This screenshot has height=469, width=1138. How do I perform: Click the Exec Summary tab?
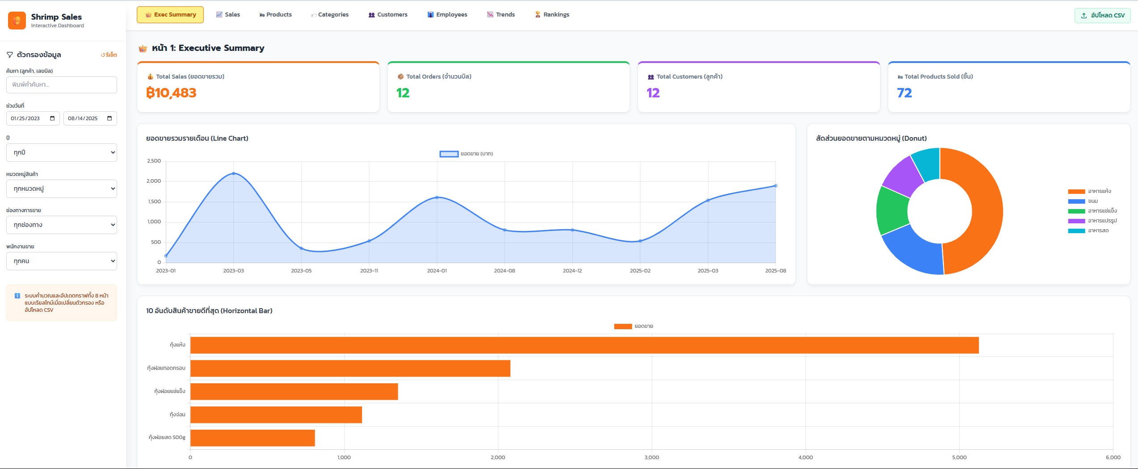[170, 15]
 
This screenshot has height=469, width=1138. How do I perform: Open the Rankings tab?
[552, 15]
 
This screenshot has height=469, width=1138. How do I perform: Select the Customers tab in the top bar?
[388, 15]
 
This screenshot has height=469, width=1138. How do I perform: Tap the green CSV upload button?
[1103, 15]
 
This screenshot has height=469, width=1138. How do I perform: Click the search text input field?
[62, 85]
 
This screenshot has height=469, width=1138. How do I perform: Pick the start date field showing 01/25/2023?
[33, 118]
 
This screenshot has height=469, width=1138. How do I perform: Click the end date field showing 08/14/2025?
[90, 118]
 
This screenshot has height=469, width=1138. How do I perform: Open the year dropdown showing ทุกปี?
[62, 152]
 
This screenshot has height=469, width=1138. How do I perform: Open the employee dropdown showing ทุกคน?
[62, 261]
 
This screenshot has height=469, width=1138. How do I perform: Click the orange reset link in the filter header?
[109, 55]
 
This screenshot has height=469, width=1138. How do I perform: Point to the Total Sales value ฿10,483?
[171, 93]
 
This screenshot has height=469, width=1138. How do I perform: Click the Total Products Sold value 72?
[904, 93]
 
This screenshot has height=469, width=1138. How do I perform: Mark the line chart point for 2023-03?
[234, 173]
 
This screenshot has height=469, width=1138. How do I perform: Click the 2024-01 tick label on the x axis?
[437, 271]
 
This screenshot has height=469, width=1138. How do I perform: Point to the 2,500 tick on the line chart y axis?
[154, 161]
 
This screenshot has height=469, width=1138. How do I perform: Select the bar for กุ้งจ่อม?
[276, 415]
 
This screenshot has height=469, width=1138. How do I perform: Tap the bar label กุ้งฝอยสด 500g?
[167, 437]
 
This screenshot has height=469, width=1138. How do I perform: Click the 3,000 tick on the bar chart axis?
[652, 457]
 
